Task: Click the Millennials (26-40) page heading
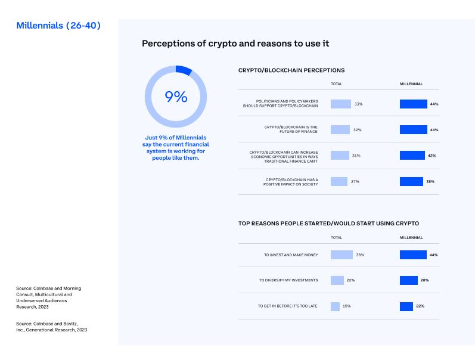58,26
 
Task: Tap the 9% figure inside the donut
176,97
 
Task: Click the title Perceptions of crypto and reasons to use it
235,44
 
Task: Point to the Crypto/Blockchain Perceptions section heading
291,70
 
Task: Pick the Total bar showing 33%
341,104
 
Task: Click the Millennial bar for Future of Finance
413,129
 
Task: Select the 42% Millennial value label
432,156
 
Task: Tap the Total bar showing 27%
339,181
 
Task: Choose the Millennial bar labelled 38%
411,181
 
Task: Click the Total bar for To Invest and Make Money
341,255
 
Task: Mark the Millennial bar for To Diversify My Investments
409,280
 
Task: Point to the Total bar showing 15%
335,306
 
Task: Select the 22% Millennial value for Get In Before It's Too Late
420,306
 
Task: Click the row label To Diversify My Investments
288,280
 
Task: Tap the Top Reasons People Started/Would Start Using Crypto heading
328,224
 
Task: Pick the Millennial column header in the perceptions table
411,84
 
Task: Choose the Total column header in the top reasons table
337,237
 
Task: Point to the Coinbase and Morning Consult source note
49,297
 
